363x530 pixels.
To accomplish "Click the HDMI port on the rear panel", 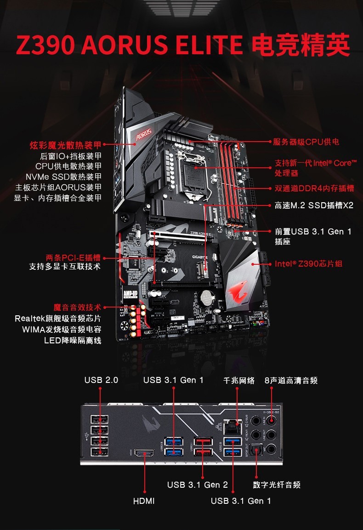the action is tap(144, 453).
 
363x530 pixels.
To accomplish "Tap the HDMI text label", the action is tap(144, 501).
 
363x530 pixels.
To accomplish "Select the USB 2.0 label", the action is tap(101, 380).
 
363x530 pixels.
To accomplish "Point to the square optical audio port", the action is tap(256, 450).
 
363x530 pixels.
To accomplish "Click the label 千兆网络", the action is tap(239, 381).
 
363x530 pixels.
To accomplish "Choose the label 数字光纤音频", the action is tap(277, 484).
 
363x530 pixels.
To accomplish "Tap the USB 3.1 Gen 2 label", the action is tap(198, 484).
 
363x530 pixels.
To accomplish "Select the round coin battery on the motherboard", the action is tap(206, 298).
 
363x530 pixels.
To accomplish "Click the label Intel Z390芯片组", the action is tap(308, 264).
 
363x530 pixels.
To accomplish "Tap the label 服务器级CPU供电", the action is tap(306, 142).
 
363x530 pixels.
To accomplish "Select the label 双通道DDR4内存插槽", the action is tap(314, 188).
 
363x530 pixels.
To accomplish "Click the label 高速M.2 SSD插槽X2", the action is tap(314, 205).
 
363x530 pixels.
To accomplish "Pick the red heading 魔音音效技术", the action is tap(77, 307).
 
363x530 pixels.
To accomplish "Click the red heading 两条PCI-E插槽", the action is tap(74, 257).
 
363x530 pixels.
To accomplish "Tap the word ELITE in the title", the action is tap(209, 45).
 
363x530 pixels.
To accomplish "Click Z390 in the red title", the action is tap(45, 45).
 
